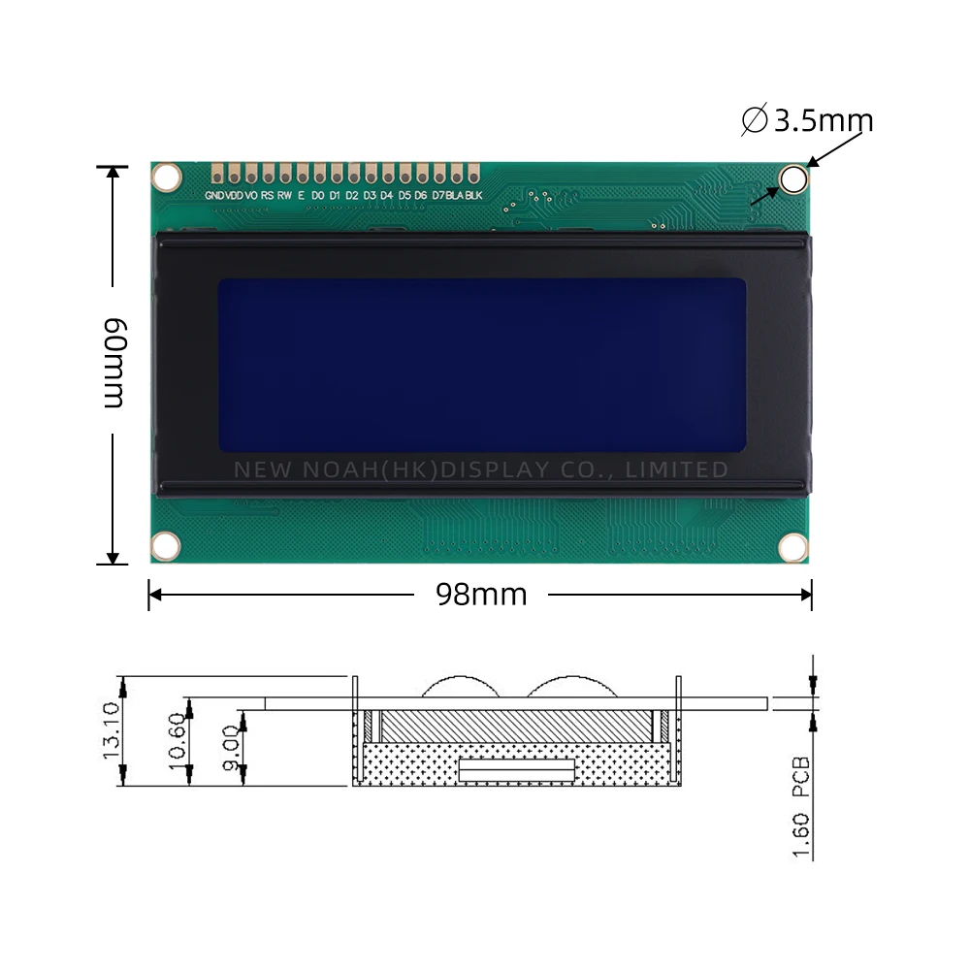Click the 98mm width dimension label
point(481,594)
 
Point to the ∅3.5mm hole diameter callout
point(808,120)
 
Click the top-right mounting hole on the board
point(793,178)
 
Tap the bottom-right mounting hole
point(793,546)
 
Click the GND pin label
point(214,196)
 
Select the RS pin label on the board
point(267,196)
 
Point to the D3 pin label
point(370,196)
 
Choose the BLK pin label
point(473,196)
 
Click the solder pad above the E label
point(302,175)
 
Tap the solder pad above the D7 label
point(439,175)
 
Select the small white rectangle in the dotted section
point(517,769)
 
